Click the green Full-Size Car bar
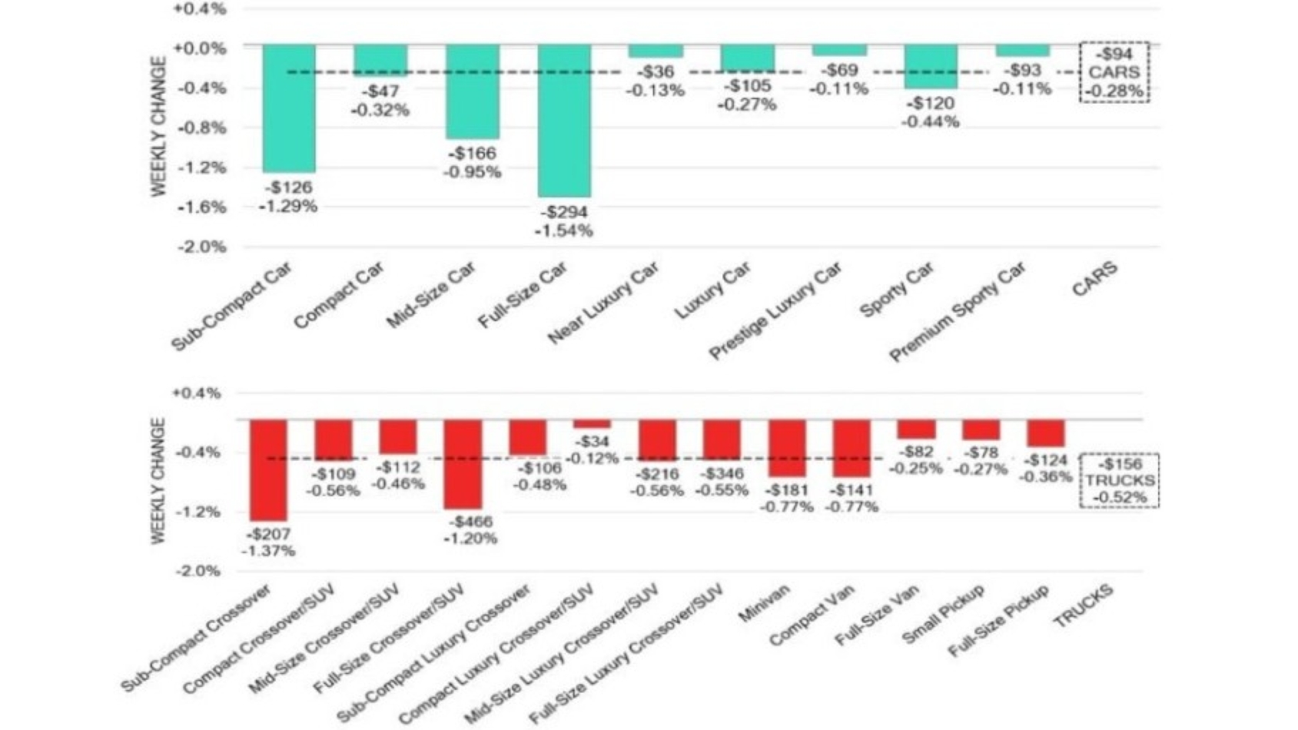(564, 120)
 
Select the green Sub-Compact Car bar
(289, 108)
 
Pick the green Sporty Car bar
(931, 66)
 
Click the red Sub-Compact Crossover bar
(268, 470)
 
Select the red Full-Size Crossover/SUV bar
(463, 463)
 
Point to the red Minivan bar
(787, 448)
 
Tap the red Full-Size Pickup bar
(1046, 433)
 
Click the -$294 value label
(565, 212)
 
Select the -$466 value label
(470, 522)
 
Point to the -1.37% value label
(267, 551)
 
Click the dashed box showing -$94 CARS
(1114, 72)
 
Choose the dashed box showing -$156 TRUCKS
(1119, 481)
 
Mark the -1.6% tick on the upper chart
(201, 207)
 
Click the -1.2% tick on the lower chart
(198, 512)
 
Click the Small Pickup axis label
(943, 615)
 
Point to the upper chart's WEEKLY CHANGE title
(158, 126)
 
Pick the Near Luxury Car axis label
(604, 302)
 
